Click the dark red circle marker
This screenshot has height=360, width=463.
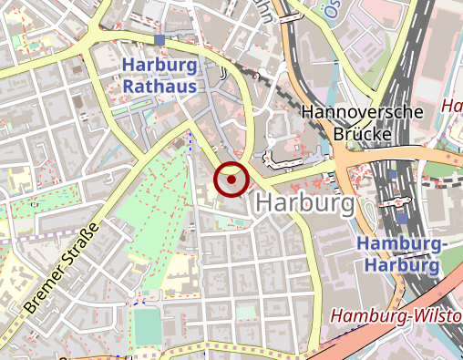(x=231, y=180)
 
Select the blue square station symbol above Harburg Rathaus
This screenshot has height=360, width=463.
(x=160, y=40)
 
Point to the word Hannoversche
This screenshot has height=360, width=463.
(x=362, y=113)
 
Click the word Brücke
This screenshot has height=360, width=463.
(x=362, y=134)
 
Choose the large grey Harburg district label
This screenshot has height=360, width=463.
(x=305, y=204)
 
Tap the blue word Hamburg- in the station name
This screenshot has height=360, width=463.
(x=400, y=245)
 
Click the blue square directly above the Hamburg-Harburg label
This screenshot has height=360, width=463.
(x=403, y=219)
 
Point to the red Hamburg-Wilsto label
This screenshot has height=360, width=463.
(x=396, y=316)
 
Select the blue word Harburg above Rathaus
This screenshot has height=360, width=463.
(x=159, y=67)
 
